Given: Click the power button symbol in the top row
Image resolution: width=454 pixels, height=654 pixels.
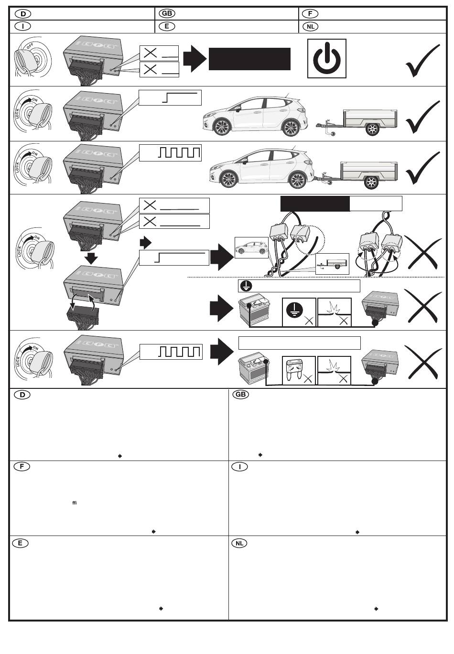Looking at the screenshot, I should (326, 59).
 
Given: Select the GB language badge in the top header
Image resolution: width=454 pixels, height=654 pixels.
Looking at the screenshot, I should (167, 13).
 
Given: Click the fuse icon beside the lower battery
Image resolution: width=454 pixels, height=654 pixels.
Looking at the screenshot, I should (299, 370).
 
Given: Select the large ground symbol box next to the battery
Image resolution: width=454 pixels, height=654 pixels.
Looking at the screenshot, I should (299, 312).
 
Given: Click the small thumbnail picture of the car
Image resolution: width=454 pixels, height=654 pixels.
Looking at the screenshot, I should (251, 247).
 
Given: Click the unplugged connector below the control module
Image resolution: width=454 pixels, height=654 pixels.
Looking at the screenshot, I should (83, 316).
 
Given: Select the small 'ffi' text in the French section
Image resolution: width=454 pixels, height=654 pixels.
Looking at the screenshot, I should (74, 503).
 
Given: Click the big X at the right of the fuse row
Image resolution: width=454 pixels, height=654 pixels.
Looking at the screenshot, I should (423, 361).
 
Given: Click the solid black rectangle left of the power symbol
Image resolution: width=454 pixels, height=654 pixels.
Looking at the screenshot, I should (249, 59).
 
